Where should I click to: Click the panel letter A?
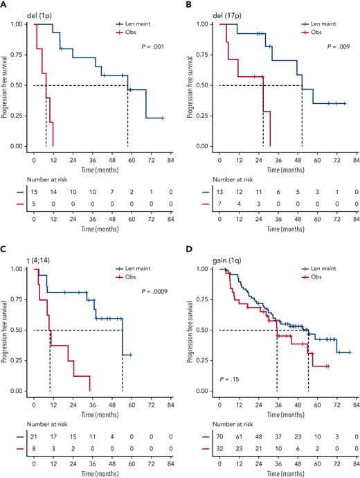(x=3, y=4)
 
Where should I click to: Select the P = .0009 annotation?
(x=151, y=292)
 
